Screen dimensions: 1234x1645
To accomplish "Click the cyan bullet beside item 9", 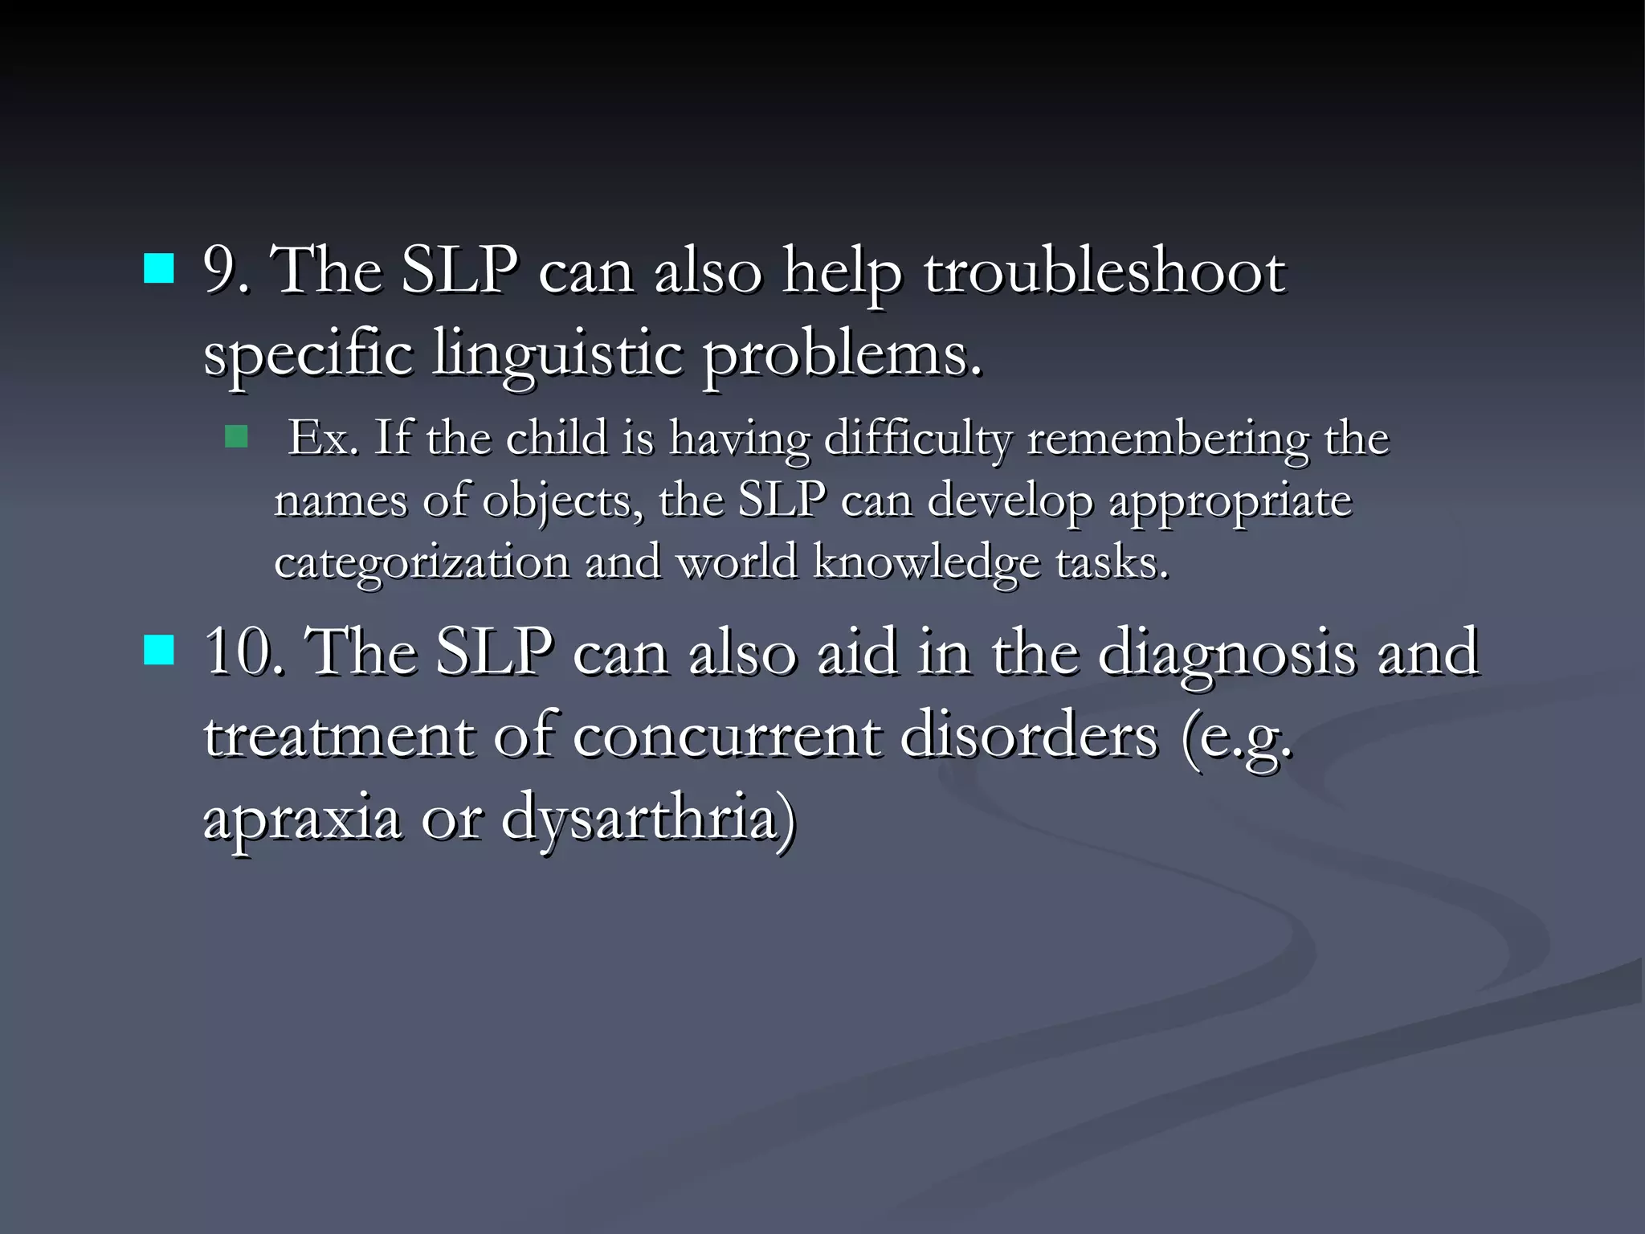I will coord(159,269).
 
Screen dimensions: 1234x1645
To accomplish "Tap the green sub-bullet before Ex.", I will coord(236,437).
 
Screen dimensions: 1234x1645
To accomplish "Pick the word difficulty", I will coord(918,439).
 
